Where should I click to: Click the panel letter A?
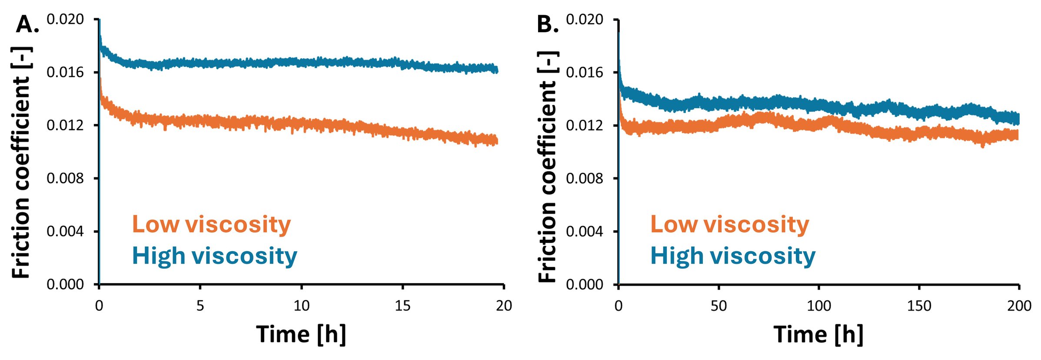27,24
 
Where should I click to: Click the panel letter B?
547,24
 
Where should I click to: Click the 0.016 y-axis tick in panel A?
65,72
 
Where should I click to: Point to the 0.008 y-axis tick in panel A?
65,178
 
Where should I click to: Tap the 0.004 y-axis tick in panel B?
585,231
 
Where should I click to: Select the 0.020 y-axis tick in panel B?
585,20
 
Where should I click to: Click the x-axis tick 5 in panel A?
200,306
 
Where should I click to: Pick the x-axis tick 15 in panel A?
402,306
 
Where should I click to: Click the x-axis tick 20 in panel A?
504,306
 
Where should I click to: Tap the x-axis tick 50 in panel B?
718,306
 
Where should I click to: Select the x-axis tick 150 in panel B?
919,306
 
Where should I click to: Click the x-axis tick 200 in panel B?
1019,306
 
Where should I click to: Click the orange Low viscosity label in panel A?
211,225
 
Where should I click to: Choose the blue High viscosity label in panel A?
214,256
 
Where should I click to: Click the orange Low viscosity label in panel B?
729,225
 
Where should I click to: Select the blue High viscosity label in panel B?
732,256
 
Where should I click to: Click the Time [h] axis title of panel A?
301,335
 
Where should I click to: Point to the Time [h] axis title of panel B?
818,335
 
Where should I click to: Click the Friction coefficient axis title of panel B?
548,167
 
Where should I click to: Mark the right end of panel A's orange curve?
496,140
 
